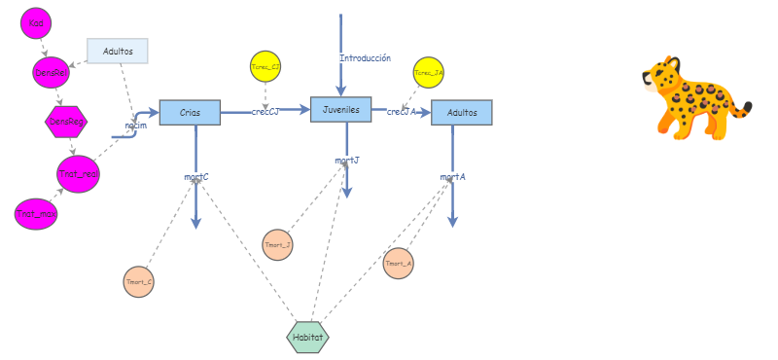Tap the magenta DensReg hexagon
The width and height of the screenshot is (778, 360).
67,122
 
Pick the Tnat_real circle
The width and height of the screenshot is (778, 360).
77,172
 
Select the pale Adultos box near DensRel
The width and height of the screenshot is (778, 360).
118,51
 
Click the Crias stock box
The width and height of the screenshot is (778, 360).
190,113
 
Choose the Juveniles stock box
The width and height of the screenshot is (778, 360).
341,110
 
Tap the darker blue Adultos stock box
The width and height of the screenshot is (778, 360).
462,113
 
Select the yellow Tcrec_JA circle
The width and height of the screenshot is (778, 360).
429,73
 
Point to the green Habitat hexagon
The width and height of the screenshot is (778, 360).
308,337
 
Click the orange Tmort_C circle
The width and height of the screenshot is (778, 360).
139,281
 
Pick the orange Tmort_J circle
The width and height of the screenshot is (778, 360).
278,244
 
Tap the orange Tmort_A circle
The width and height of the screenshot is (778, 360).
399,263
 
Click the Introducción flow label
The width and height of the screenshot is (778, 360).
365,58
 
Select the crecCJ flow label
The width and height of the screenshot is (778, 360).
265,112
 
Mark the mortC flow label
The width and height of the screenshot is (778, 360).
196,177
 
